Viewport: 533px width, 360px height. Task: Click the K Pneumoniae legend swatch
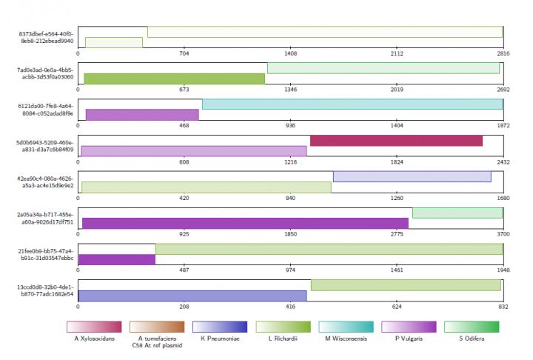[x=219, y=326]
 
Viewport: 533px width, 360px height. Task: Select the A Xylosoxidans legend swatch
[x=93, y=326]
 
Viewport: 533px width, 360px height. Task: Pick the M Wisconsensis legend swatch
[x=346, y=326]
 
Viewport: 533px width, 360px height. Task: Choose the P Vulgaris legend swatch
[x=409, y=326]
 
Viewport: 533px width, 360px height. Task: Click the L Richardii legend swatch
[x=283, y=326]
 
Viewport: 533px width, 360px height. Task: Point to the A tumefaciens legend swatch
[x=156, y=326]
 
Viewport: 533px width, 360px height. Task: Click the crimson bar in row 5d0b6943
[x=396, y=141]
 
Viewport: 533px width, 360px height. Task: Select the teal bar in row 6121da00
[x=352, y=104]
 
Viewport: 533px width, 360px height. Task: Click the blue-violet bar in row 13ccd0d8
[x=192, y=296]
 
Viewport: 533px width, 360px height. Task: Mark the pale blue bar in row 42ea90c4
[x=412, y=176]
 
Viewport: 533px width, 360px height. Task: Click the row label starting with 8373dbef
[x=46, y=37]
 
